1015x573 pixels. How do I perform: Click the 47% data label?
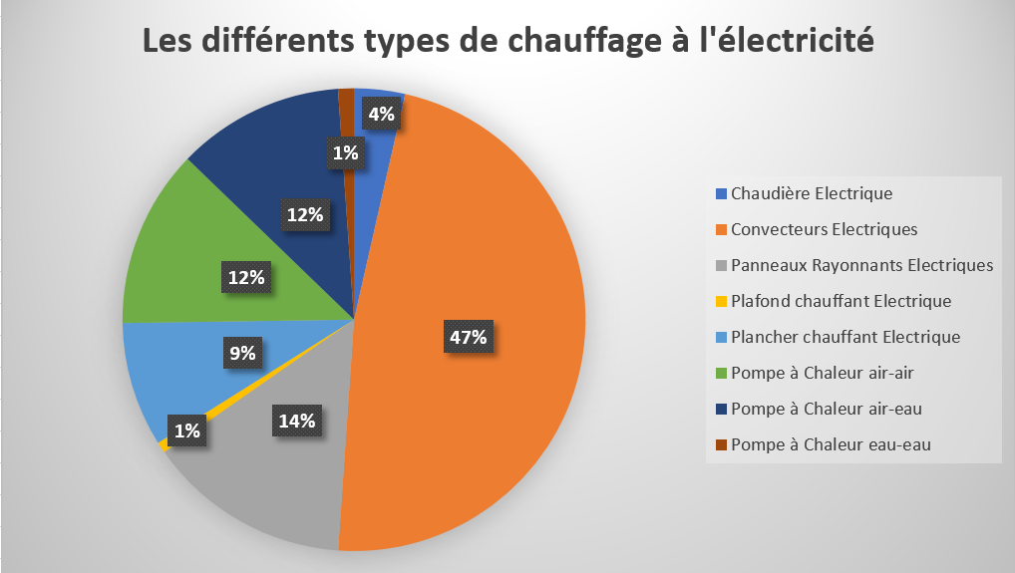click(468, 338)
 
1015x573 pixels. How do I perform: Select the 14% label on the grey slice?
click(296, 421)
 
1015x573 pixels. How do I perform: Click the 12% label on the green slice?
click(246, 278)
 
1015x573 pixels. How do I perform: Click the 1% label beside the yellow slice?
click(186, 430)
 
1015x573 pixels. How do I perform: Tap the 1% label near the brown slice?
click(346, 152)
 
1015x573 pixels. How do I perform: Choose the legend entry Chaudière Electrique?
click(811, 193)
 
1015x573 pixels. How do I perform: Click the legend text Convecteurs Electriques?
click(824, 229)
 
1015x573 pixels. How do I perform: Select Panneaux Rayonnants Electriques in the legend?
click(861, 265)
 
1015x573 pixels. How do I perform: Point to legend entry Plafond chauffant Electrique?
click(841, 301)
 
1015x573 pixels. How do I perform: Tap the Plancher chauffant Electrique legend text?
click(845, 337)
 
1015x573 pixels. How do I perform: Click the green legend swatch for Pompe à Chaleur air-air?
click(721, 373)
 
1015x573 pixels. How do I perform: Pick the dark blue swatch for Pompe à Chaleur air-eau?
click(721, 409)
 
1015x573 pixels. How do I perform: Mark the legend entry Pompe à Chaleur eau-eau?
click(830, 444)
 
